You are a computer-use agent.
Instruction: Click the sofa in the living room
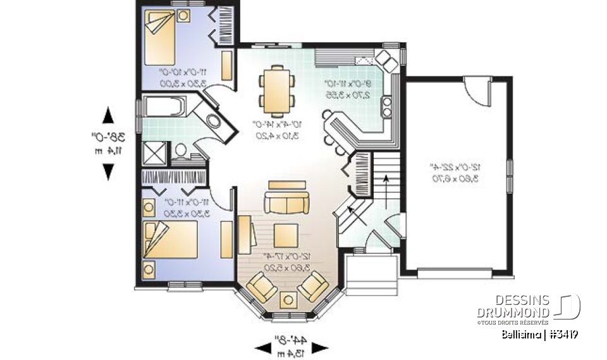tap(288, 203)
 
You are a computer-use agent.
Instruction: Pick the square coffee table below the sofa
tap(286, 233)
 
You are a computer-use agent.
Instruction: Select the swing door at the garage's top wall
tap(477, 90)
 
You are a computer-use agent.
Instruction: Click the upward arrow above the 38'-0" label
tap(108, 115)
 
